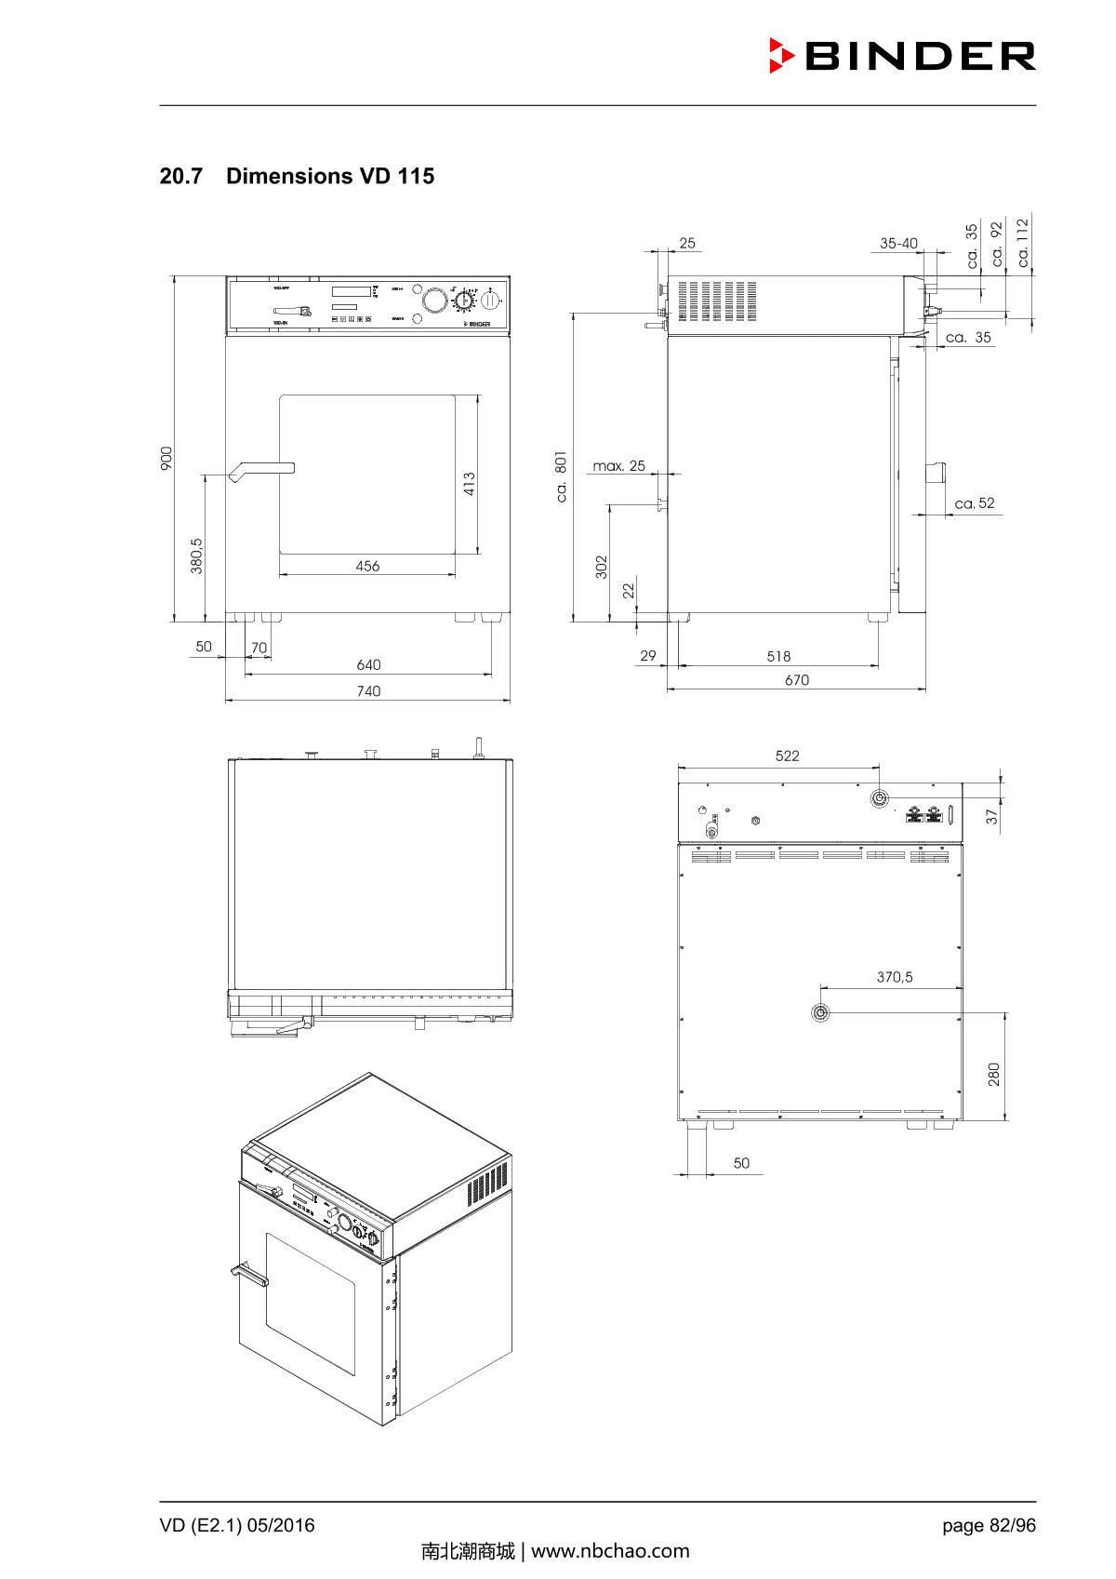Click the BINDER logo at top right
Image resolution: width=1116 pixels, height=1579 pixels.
(x=902, y=56)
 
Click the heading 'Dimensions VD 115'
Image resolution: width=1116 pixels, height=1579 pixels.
(x=329, y=176)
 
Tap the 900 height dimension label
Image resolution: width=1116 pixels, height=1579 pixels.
(x=166, y=458)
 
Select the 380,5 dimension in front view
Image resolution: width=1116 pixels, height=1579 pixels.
(x=197, y=555)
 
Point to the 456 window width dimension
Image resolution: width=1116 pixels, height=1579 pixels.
(x=367, y=566)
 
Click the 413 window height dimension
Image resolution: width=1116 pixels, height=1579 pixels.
(x=470, y=484)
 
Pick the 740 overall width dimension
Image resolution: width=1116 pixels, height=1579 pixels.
(x=368, y=690)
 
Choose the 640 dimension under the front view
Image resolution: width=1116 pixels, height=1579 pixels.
(x=368, y=664)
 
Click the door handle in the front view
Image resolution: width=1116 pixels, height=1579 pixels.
(x=262, y=470)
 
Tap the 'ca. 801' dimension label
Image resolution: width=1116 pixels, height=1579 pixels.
(x=562, y=477)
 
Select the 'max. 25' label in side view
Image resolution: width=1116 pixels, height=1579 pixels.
(x=618, y=465)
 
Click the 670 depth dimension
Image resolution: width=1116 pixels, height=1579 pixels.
(x=797, y=680)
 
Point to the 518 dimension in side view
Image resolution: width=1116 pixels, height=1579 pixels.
(x=778, y=656)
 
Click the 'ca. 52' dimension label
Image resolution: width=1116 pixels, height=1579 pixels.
(x=975, y=503)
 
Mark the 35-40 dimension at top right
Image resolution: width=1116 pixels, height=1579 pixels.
(x=898, y=243)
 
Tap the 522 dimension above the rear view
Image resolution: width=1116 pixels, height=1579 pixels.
(x=787, y=756)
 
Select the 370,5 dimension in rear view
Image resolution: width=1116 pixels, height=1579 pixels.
(x=895, y=977)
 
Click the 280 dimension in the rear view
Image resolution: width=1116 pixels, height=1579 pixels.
(x=994, y=1075)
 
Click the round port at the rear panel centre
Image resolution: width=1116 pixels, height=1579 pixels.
(x=820, y=1012)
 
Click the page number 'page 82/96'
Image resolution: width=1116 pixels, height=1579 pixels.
(x=989, y=1525)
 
